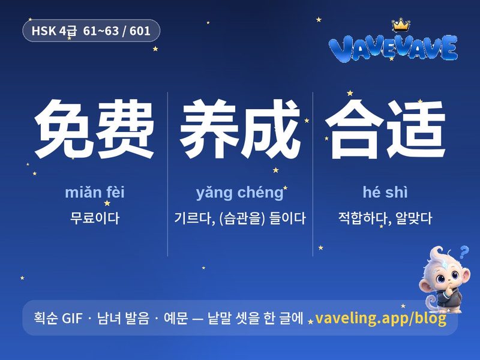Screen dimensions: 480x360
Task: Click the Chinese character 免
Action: (64, 128)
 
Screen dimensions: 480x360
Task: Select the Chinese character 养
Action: (209, 128)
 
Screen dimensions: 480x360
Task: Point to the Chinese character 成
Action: (270, 128)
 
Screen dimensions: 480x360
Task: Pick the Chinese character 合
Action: (355, 128)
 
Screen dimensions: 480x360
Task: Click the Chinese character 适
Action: (415, 128)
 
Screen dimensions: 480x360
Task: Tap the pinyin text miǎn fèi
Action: (95, 192)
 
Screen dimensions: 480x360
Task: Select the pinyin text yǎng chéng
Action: (239, 193)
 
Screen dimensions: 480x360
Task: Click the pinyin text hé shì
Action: (385, 192)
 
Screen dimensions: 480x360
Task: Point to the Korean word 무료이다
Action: (95, 218)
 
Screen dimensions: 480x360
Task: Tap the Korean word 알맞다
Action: (413, 218)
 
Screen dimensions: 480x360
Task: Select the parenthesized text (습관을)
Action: (242, 218)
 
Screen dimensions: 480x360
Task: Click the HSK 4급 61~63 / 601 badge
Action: (91, 31)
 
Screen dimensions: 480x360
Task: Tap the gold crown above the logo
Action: (401, 25)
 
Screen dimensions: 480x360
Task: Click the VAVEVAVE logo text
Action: (393, 48)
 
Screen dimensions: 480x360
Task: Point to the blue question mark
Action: (464, 252)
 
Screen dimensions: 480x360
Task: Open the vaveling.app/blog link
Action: (380, 319)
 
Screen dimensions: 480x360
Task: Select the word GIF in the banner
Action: (72, 319)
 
